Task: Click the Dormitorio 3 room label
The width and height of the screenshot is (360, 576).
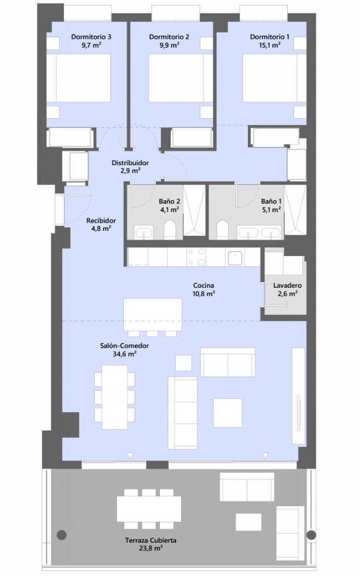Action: tap(91, 37)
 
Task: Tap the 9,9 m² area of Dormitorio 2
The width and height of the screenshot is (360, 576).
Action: tap(169, 45)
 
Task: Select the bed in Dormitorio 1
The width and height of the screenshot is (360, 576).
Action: tap(275, 78)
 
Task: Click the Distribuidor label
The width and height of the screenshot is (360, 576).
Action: tap(130, 162)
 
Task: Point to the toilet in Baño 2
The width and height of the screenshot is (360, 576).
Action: tap(170, 230)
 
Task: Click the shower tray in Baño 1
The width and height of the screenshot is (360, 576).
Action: tap(295, 210)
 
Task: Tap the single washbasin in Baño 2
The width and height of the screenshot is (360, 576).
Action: tap(144, 233)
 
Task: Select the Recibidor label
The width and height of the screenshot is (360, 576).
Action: tap(101, 220)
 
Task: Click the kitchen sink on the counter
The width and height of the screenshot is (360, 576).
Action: tap(235, 258)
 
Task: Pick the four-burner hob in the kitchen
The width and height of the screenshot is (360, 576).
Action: tap(196, 257)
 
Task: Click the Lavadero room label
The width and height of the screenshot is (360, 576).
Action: tap(287, 286)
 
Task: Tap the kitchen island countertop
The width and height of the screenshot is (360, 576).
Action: tap(153, 315)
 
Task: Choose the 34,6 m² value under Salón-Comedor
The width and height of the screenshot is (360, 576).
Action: tap(125, 354)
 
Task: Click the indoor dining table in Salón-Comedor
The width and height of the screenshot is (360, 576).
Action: tap(114, 397)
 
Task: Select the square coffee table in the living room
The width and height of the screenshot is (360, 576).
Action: tap(228, 412)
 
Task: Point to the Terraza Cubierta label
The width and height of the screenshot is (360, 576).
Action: tap(150, 540)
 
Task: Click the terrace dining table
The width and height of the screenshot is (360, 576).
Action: tap(149, 509)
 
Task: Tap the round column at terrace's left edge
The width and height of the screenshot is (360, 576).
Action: tap(62, 535)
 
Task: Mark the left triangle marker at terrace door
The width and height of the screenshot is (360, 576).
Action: tap(130, 456)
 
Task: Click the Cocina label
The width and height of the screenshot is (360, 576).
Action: tap(204, 285)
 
